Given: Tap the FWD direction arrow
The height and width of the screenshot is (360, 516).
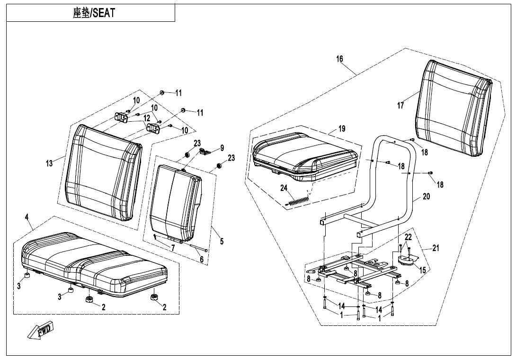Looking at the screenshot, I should [x=41, y=330].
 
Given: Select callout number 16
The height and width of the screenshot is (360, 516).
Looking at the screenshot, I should [x=339, y=59].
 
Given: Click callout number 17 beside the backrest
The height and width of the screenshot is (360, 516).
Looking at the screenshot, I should [x=400, y=106].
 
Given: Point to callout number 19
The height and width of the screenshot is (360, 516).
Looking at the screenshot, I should [x=342, y=129].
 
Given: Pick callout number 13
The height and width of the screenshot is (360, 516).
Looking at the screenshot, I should [x=49, y=163].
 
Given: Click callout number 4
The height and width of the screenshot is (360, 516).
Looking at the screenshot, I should [x=27, y=217].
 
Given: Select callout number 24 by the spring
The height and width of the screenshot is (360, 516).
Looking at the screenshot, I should [x=284, y=188].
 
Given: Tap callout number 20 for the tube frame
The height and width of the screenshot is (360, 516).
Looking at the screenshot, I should [x=426, y=196].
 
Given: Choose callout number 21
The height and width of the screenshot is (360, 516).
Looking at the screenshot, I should [x=436, y=248].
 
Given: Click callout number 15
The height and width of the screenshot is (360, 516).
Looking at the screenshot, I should [x=422, y=270].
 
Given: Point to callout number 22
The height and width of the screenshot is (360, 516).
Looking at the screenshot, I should [x=408, y=237].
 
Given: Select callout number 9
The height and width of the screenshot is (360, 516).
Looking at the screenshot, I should [x=222, y=148].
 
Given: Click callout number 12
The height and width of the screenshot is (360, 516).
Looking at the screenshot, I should [x=147, y=118].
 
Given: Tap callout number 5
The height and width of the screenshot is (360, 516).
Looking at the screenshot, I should [x=222, y=241].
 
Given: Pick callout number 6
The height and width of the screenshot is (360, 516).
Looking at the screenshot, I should [x=202, y=259].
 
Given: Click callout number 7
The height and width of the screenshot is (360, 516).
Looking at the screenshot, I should [x=173, y=248].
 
